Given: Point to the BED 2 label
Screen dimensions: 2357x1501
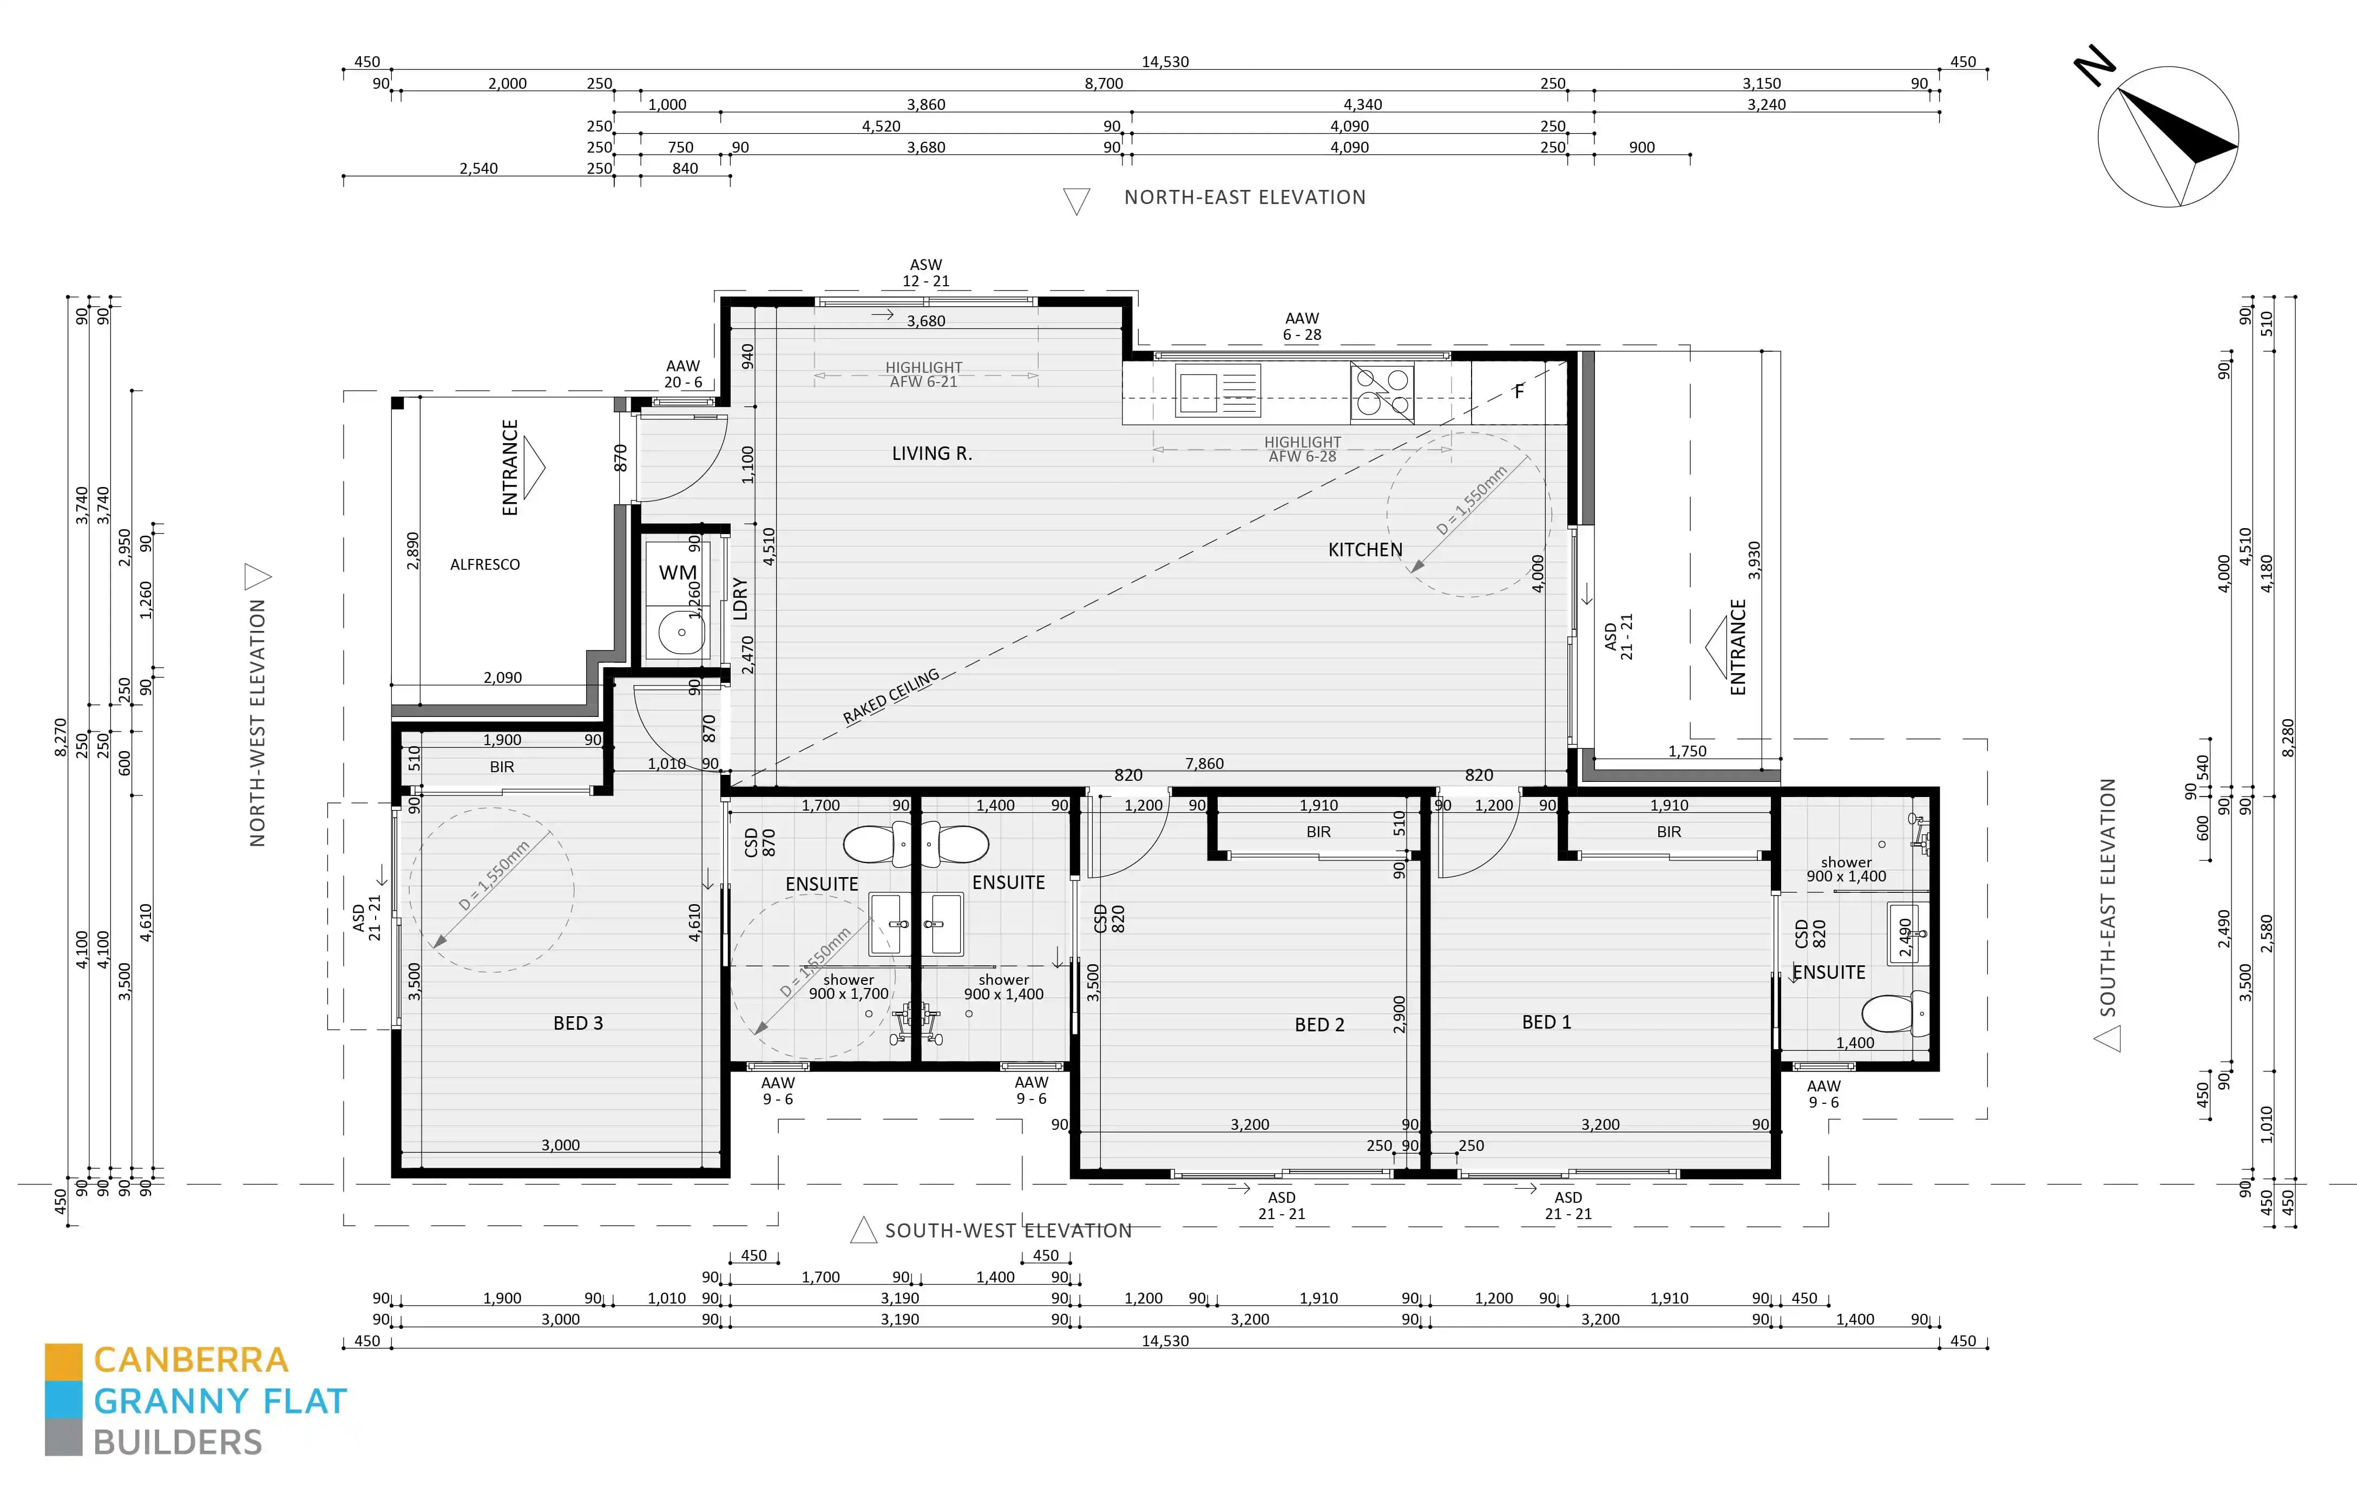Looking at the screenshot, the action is coord(1319,1024).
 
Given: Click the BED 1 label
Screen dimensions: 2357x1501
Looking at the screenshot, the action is coord(1547,1022).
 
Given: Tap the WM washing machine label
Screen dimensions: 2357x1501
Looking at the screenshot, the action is coord(678,572).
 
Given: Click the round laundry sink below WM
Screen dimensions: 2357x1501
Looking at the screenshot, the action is coord(681,632).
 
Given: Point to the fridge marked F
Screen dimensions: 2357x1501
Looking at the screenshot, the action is coord(1519,391).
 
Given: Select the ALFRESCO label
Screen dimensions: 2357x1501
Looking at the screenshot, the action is coord(484,564).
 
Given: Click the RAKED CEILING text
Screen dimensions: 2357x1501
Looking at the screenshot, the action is coord(891,697).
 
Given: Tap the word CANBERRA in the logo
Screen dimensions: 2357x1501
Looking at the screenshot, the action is coord(191,1360).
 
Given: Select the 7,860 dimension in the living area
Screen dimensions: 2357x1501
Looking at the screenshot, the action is coord(1204,763).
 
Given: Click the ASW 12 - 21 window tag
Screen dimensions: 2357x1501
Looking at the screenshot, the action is coord(926,273).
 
